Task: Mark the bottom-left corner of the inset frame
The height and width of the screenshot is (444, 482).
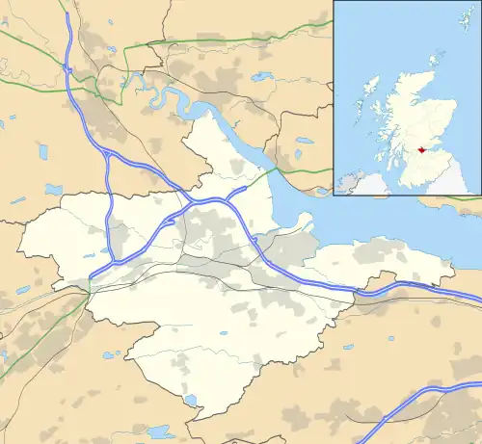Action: pyautogui.click(x=335, y=196)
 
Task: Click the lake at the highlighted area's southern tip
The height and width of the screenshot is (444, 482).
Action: pyautogui.click(x=190, y=400)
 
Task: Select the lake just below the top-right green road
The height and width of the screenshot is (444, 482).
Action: pyautogui.click(x=304, y=141)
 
